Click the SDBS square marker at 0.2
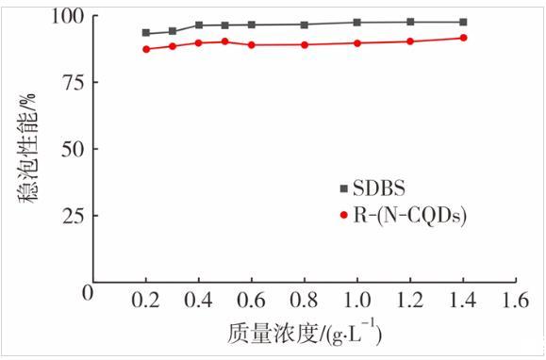[x=146, y=33]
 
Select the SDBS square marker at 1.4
[x=463, y=23]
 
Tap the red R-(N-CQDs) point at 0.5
[x=225, y=41]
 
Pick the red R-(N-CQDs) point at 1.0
[x=356, y=43]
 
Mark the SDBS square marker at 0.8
[x=305, y=25]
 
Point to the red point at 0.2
[x=146, y=49]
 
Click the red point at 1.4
[x=463, y=38]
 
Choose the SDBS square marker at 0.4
[x=199, y=25]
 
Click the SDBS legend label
[x=379, y=188]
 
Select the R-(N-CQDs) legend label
[x=410, y=216]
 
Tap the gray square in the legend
[x=343, y=188]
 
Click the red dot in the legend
[x=344, y=215]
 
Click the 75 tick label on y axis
[x=74, y=82]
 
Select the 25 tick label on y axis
[x=74, y=216]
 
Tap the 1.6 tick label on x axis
[x=515, y=300]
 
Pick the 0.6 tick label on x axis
[x=251, y=300]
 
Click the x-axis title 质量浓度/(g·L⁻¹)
[x=305, y=334]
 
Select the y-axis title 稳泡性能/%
[x=27, y=149]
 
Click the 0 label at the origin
[x=88, y=293]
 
